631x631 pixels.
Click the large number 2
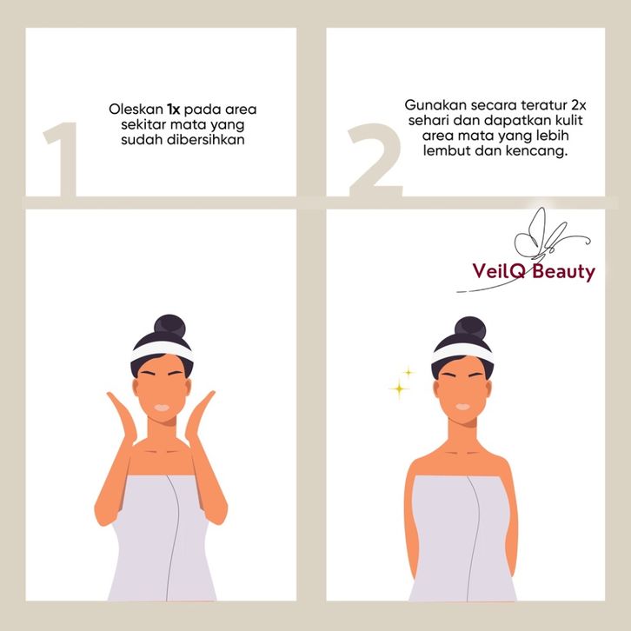click(375, 160)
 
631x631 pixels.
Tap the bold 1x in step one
click(174, 110)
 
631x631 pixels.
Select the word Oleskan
click(136, 109)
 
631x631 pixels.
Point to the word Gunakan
click(435, 105)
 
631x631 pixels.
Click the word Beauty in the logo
click(563, 272)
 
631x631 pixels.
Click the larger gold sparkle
click(399, 389)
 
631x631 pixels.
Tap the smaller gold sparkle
click(408, 372)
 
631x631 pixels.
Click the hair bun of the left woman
click(169, 325)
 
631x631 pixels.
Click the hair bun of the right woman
click(470, 327)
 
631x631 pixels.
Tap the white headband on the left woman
click(163, 351)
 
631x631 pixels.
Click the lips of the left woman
click(163, 408)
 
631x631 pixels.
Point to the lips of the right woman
click(462, 407)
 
